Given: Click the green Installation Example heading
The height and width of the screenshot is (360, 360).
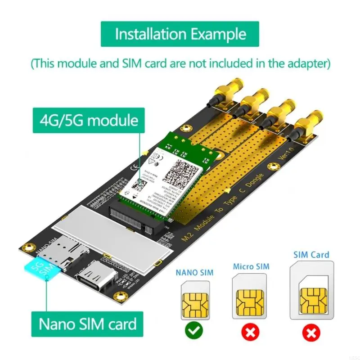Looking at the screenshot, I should [x=180, y=35].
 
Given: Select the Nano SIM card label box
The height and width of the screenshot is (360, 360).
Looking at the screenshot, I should [x=87, y=324].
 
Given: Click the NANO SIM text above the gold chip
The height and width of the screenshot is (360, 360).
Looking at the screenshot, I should [x=194, y=272].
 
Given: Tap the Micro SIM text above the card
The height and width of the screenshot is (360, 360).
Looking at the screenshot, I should [x=251, y=267].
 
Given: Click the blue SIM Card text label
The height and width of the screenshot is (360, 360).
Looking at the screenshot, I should [x=311, y=255].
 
